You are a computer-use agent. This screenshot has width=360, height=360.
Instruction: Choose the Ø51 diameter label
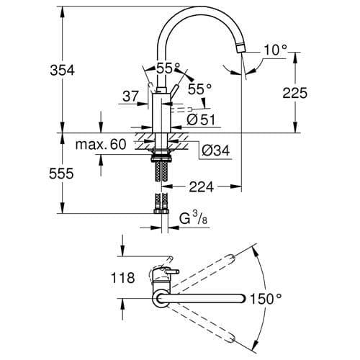(x=199, y=119)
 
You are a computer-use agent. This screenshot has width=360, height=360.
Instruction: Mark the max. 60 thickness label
(x=101, y=145)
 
